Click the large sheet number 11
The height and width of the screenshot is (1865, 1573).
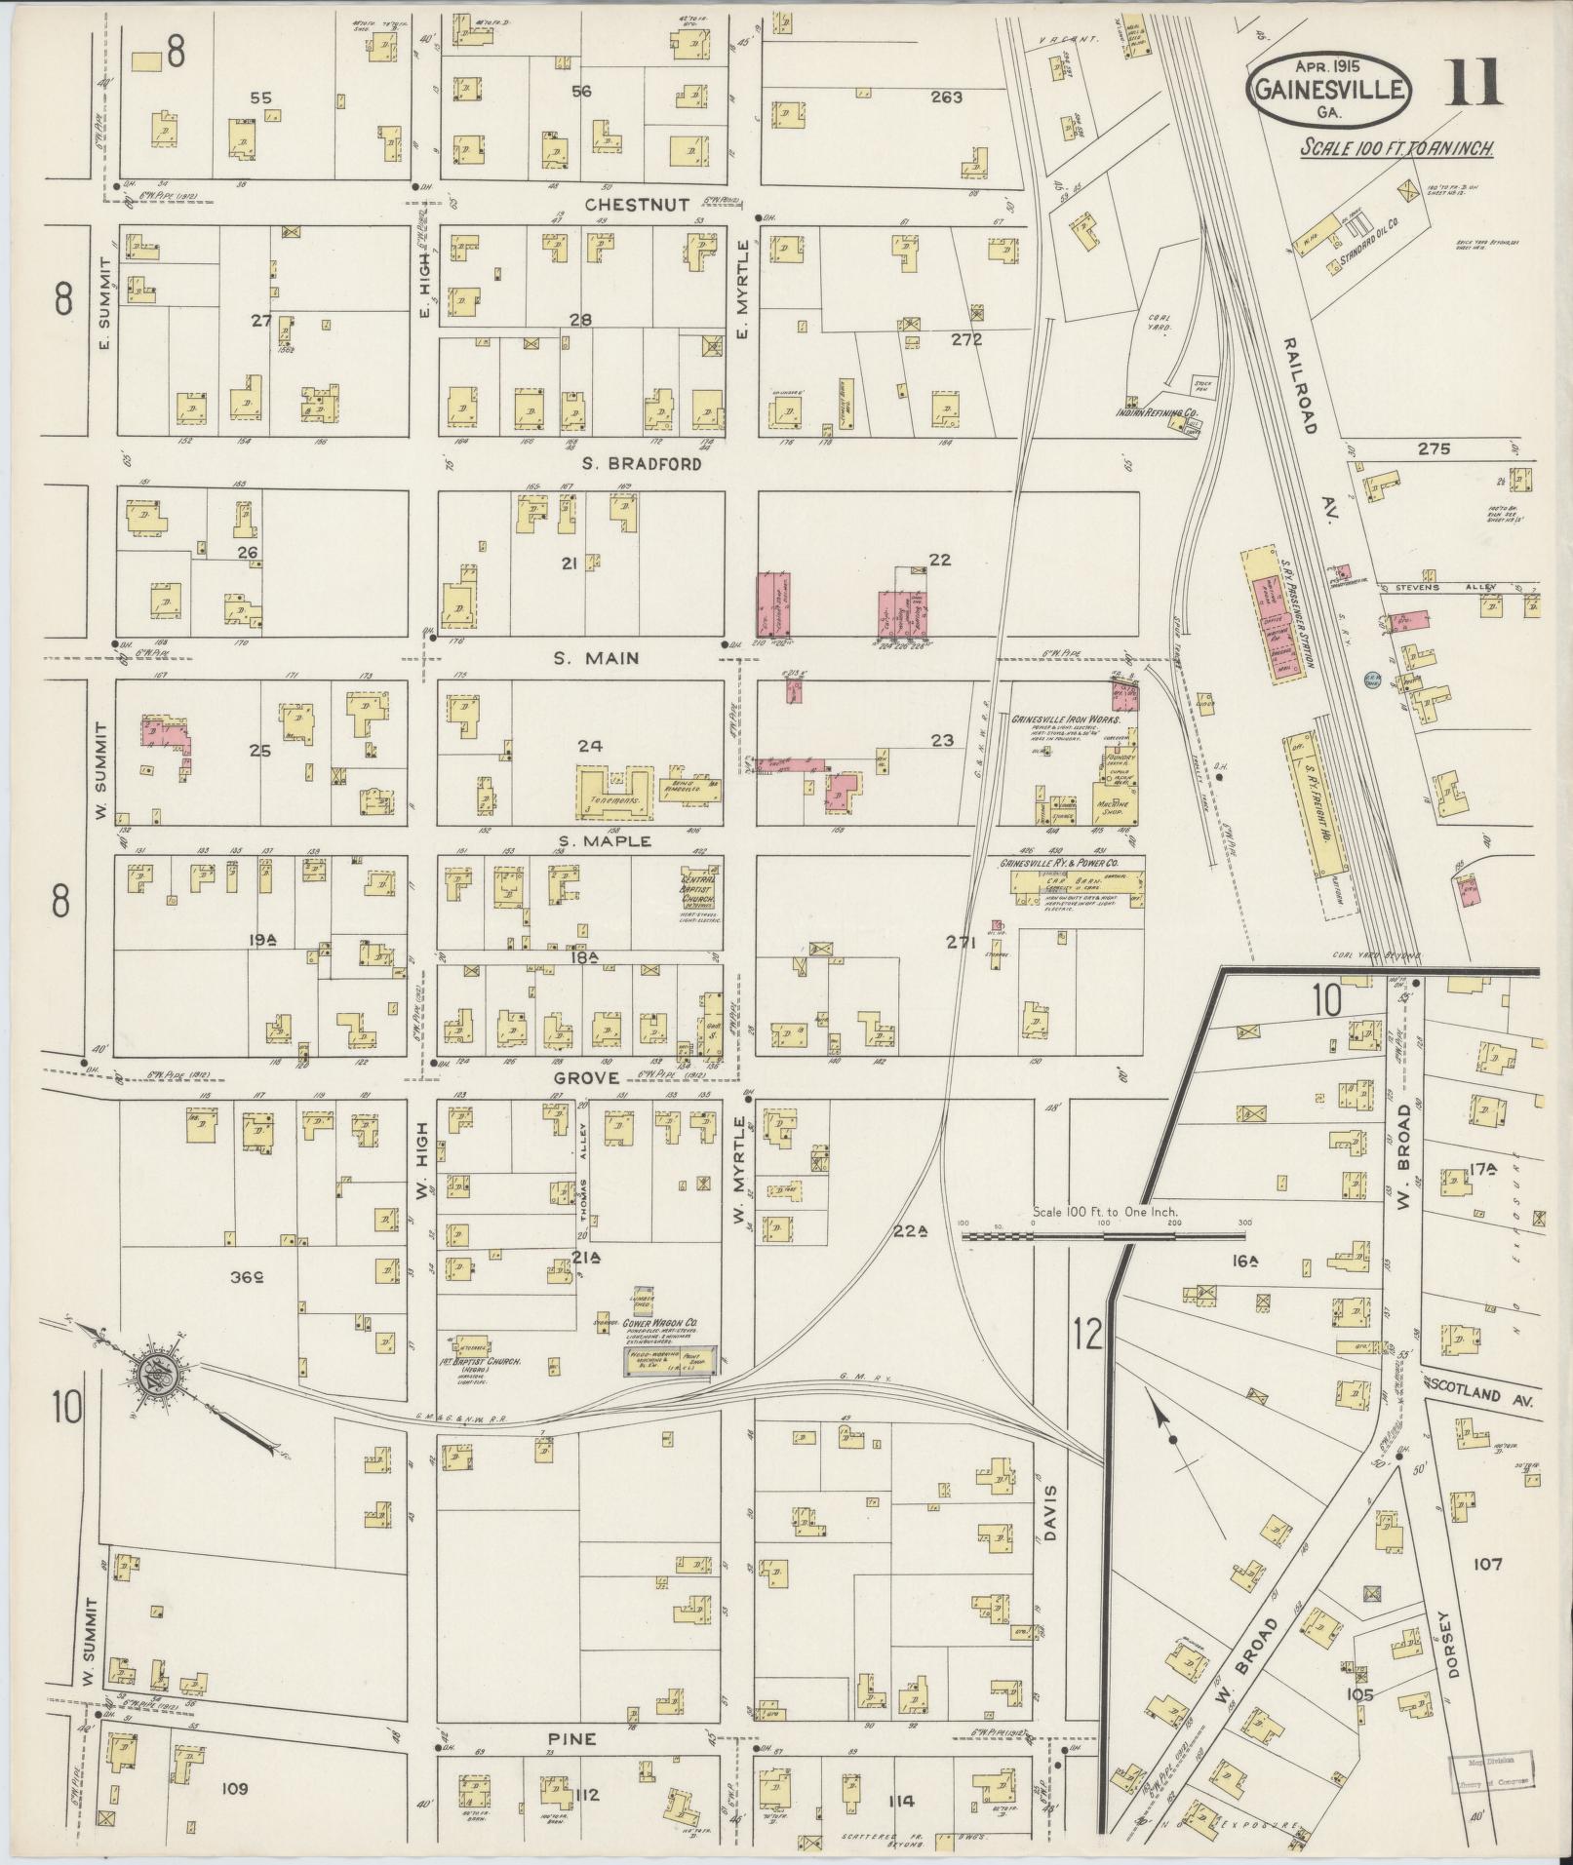1475,84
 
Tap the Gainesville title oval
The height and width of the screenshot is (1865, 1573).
1328,91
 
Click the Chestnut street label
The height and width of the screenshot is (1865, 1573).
638,205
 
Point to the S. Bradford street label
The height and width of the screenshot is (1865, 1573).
642,464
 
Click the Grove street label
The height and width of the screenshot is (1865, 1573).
586,1077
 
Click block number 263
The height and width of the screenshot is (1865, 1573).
946,97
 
